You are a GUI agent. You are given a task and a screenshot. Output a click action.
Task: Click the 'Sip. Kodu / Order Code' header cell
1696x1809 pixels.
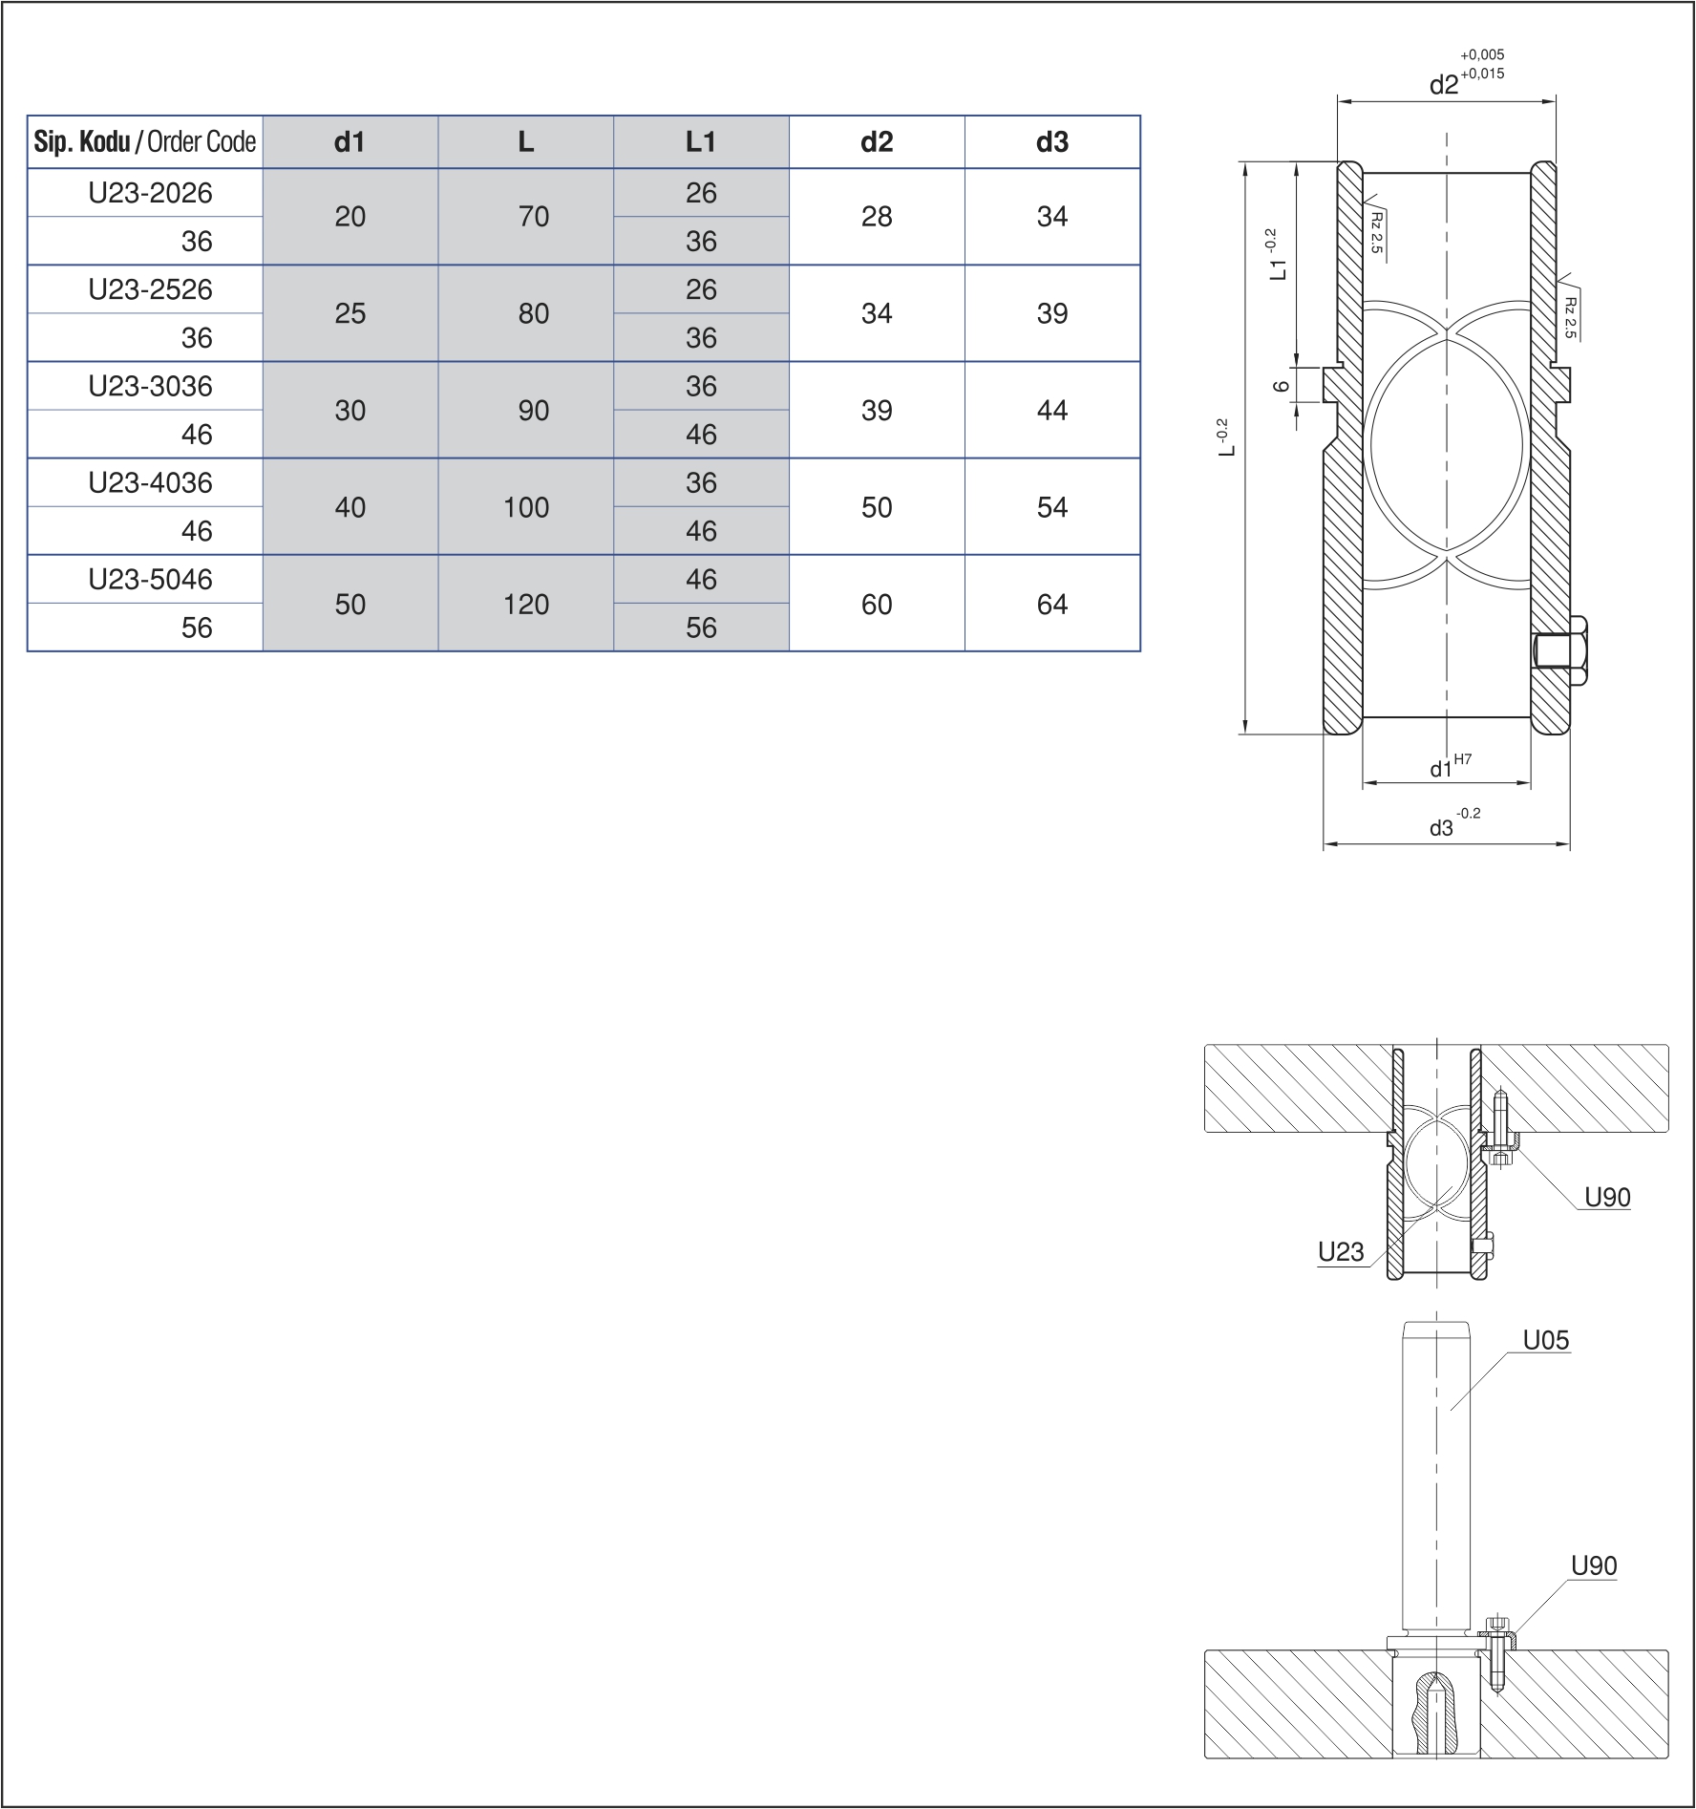pos(145,142)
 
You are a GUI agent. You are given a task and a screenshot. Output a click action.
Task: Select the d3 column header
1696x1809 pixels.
pos(1051,142)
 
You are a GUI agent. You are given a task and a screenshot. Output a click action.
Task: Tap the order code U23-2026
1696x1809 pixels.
pos(150,193)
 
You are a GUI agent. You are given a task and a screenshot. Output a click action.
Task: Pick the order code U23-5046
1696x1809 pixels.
pos(150,579)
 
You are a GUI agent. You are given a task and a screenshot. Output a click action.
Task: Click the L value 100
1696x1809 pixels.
pos(525,507)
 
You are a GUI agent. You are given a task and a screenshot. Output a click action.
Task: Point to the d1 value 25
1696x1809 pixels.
pos(350,313)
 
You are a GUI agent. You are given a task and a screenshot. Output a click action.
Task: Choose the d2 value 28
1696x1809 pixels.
pos(876,217)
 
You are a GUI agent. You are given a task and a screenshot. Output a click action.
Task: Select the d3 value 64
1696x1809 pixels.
pos(1051,604)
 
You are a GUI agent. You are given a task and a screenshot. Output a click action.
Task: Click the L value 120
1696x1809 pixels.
pos(525,604)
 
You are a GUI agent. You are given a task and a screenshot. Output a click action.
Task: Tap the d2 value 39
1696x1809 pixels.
pos(876,410)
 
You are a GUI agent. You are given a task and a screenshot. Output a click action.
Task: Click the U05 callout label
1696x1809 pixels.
pos(1545,1340)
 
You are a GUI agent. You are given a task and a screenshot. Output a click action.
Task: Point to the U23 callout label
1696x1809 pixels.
pos(1341,1251)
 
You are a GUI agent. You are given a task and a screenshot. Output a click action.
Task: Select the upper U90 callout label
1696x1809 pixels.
pos(1607,1197)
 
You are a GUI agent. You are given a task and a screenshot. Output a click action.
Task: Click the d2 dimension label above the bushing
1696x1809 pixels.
pos(1444,85)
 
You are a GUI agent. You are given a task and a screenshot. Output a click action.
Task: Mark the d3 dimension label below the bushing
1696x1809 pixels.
pos(1441,828)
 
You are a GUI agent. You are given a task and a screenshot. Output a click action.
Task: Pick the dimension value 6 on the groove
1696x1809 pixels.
pos(1283,386)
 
